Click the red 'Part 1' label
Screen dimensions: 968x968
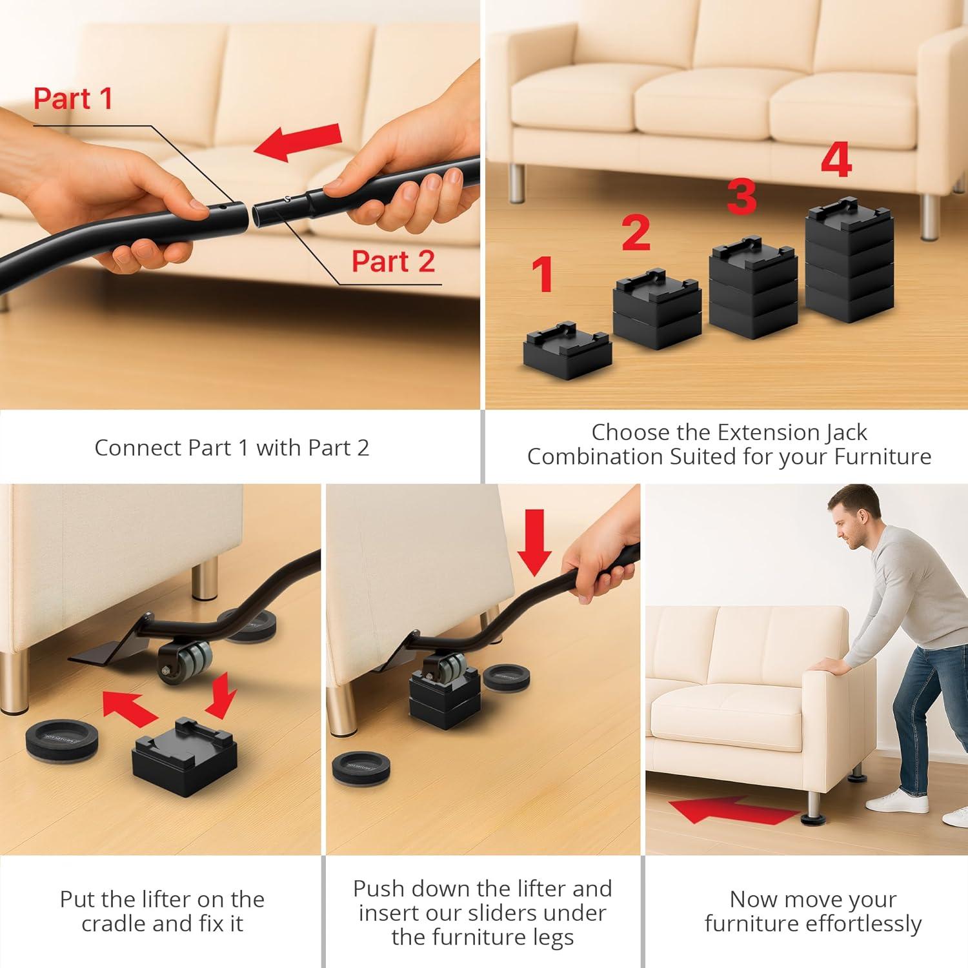point(73,99)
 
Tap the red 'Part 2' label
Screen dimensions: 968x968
point(393,261)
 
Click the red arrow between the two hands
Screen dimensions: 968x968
point(298,142)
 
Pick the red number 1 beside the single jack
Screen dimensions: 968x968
point(543,274)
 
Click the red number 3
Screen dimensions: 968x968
point(741,197)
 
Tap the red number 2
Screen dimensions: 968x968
point(636,233)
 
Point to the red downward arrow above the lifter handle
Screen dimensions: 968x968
point(534,541)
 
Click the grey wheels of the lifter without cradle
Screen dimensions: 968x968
point(190,663)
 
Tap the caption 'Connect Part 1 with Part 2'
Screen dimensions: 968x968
point(232,448)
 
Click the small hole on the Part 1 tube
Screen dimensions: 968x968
point(221,208)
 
